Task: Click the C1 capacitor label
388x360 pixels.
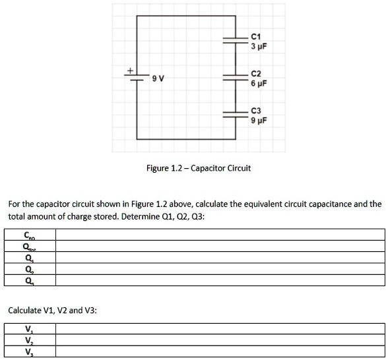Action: pos(257,36)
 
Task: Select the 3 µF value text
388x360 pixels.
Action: pos(258,45)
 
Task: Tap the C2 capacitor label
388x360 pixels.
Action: pos(257,73)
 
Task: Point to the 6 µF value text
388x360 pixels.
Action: pos(258,83)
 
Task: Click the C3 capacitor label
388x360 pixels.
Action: pos(257,110)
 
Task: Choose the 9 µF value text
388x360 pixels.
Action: pos(258,120)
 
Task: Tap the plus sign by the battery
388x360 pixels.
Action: pos(130,70)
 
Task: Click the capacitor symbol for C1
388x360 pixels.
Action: pos(234,40)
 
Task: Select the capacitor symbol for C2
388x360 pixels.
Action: pos(234,77)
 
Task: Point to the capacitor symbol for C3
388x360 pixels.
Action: pos(234,114)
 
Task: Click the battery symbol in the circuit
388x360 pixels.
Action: pos(137,77)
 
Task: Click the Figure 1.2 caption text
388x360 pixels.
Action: pos(198,168)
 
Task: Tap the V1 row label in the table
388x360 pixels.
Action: pos(28,330)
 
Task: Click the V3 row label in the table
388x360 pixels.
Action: pos(28,352)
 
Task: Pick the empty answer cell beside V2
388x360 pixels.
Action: pos(219,341)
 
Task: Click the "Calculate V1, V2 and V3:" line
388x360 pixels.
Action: pos(52,309)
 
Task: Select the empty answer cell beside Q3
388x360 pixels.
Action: pos(219,281)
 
